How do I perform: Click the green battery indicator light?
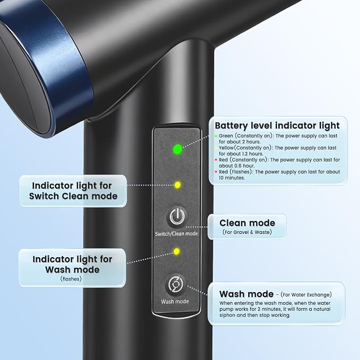coord(178,150)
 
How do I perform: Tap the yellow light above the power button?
coord(178,185)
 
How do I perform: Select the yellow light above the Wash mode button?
coord(177,251)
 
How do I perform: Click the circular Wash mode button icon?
coord(175,285)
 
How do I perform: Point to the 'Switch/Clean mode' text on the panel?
coord(177,234)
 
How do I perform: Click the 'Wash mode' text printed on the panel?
coord(175,302)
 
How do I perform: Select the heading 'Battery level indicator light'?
coord(277,126)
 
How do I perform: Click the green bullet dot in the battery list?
coord(216,136)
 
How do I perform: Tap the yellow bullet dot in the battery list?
coord(216,148)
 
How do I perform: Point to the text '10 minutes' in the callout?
coord(232,178)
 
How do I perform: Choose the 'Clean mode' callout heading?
coord(247,223)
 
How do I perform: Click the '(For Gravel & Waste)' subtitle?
coord(247,232)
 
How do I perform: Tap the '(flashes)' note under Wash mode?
coord(71,279)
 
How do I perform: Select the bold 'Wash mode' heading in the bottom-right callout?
coord(247,294)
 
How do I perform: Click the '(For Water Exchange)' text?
coord(306,295)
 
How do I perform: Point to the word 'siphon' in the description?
coord(227,315)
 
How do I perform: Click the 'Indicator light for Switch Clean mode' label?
coord(73,191)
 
